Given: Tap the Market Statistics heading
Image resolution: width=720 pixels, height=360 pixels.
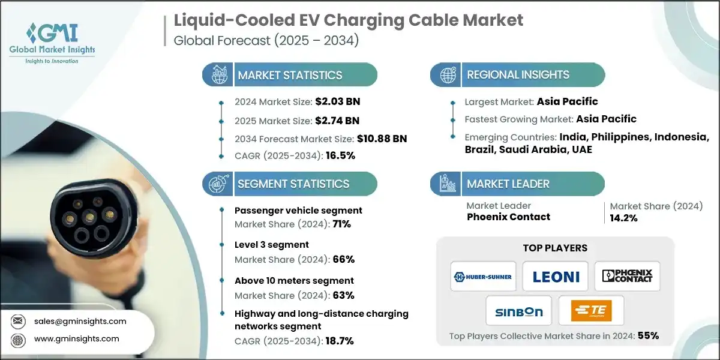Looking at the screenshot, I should click(x=290, y=75).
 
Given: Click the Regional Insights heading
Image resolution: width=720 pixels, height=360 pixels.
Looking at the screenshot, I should click(x=518, y=75).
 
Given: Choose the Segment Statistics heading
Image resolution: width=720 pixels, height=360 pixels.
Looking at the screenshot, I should click(x=293, y=184).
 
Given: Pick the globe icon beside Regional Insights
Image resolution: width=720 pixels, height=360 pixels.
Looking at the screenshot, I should click(x=447, y=75).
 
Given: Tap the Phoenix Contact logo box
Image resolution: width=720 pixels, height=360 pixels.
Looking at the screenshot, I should click(x=627, y=276).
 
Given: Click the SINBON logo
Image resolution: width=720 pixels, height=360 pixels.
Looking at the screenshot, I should click(x=519, y=311).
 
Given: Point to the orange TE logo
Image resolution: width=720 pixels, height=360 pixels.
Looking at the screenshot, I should click(x=590, y=311).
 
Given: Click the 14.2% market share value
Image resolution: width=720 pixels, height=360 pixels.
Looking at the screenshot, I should click(x=624, y=218).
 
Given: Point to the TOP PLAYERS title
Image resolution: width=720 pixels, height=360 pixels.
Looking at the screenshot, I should click(x=555, y=248).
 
